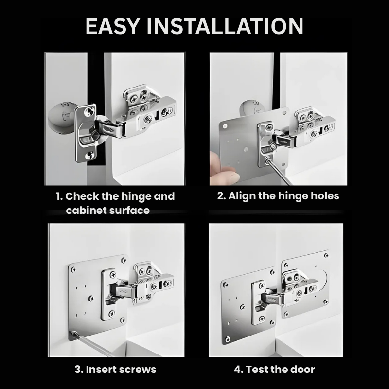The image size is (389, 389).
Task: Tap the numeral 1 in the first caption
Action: click(x=58, y=196)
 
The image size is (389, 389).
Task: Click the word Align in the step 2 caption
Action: click(x=241, y=196)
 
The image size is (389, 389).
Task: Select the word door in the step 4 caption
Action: click(x=302, y=369)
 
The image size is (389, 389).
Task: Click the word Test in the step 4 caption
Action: click(x=258, y=369)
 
